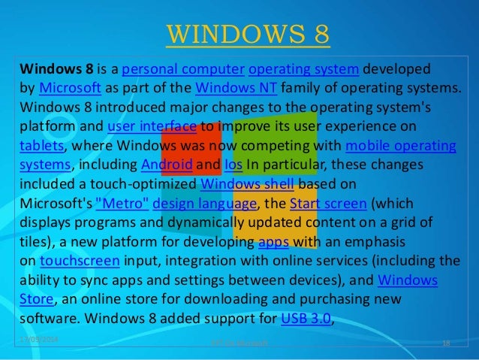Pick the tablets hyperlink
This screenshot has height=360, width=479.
41,145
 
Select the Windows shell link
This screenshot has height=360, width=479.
251,183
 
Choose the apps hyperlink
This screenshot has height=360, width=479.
272,243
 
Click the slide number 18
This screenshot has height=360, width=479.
447,343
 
